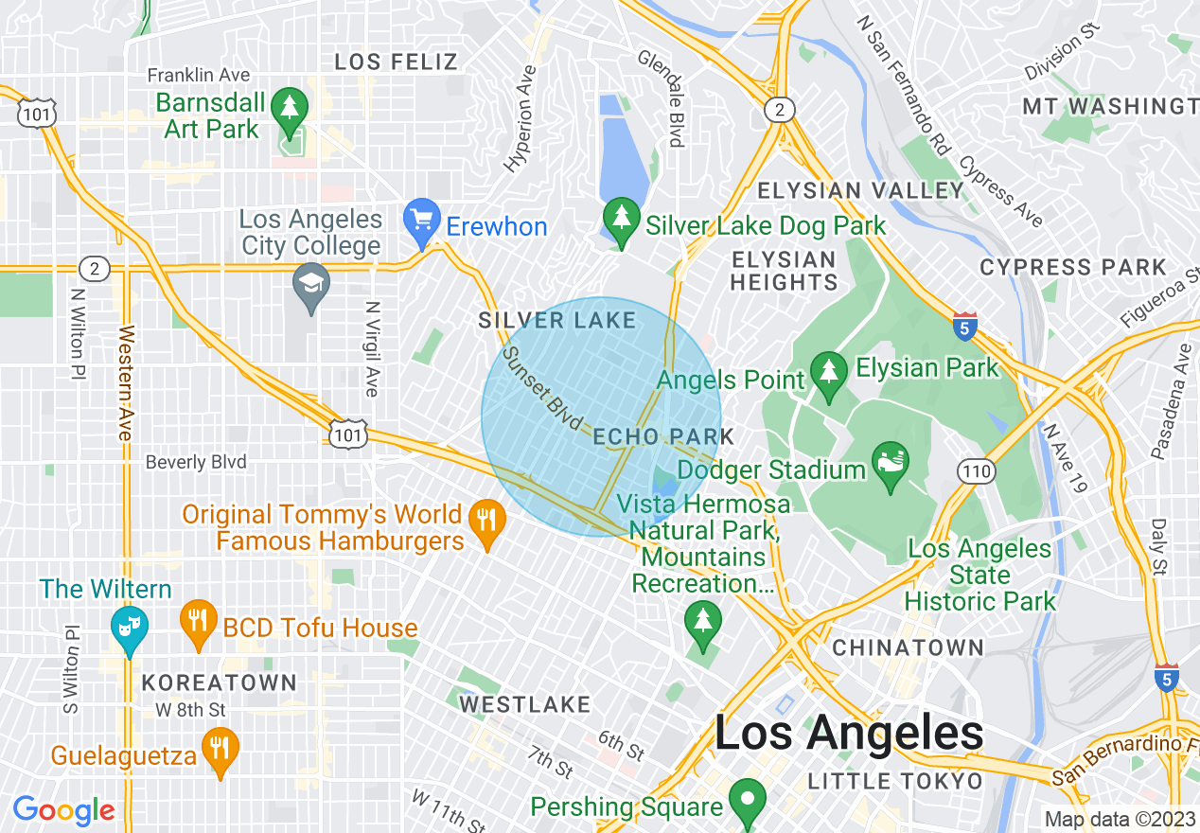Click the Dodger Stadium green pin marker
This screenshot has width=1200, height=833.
click(x=890, y=465)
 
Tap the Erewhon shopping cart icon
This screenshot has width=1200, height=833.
click(x=419, y=220)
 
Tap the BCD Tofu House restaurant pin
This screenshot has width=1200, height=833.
click(x=198, y=621)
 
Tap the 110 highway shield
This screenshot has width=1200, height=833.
click(x=975, y=470)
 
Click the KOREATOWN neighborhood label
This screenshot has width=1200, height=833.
click(x=219, y=682)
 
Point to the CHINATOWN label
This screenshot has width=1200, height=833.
click(x=908, y=648)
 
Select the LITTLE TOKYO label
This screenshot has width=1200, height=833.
click(x=894, y=782)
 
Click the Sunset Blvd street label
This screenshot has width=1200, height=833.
click(x=541, y=389)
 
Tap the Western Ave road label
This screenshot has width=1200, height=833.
click(x=124, y=382)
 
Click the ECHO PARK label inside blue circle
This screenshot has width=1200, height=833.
click(x=663, y=436)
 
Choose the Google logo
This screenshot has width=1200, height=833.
click(x=63, y=810)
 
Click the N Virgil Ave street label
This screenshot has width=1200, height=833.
click(x=373, y=349)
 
